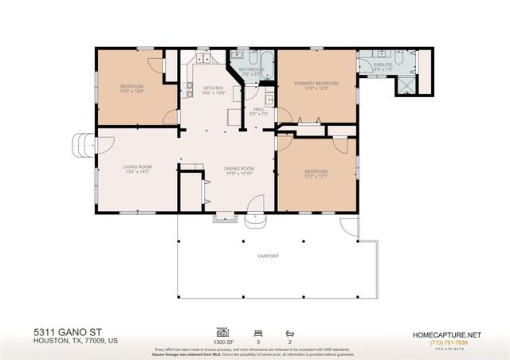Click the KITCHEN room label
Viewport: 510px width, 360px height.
[213, 88]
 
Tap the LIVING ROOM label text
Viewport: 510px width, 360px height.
[137, 166]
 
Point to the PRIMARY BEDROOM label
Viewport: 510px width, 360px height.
[316, 84]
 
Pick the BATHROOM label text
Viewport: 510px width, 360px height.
[251, 69]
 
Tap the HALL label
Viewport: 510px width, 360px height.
[259, 109]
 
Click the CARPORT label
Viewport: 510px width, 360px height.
[268, 257]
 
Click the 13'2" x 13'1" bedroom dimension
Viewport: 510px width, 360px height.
[316, 176]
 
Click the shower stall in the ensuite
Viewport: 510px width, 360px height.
[407, 80]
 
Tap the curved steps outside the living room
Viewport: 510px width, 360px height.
[81, 145]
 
